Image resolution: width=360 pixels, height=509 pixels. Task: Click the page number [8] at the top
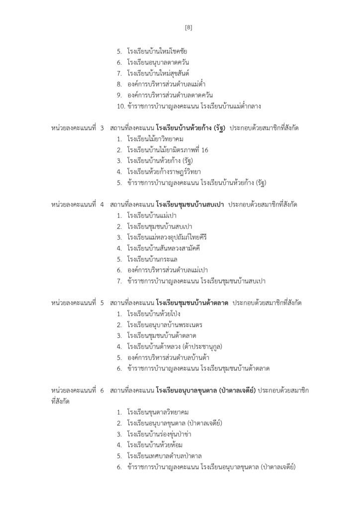click(188, 28)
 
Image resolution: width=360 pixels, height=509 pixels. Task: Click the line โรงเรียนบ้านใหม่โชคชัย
click(157, 51)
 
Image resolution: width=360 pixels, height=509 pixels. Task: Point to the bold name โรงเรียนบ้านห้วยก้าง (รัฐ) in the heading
click(190, 128)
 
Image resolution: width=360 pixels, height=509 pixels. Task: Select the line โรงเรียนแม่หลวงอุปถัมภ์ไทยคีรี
click(167, 237)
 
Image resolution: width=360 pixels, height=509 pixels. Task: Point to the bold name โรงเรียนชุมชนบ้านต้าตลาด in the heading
click(191, 303)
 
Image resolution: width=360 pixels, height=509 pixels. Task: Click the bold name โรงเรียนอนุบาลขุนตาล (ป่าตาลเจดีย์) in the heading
click(206, 391)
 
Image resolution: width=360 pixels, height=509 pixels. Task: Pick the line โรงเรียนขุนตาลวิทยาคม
click(158, 412)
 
